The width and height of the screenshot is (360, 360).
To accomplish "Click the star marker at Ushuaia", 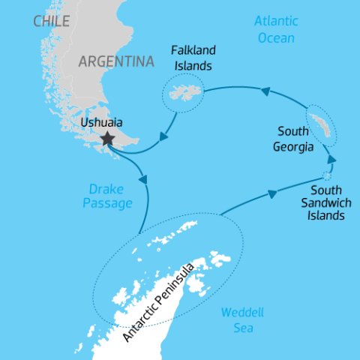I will click(x=108, y=138).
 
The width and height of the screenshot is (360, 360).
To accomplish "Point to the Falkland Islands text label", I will click(x=193, y=58).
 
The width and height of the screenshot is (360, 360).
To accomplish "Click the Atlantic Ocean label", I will click(x=275, y=29).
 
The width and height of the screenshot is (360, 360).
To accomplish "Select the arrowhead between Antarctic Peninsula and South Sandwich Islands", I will click(x=271, y=193).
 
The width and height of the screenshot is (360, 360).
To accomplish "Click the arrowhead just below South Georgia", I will click(x=331, y=160).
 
